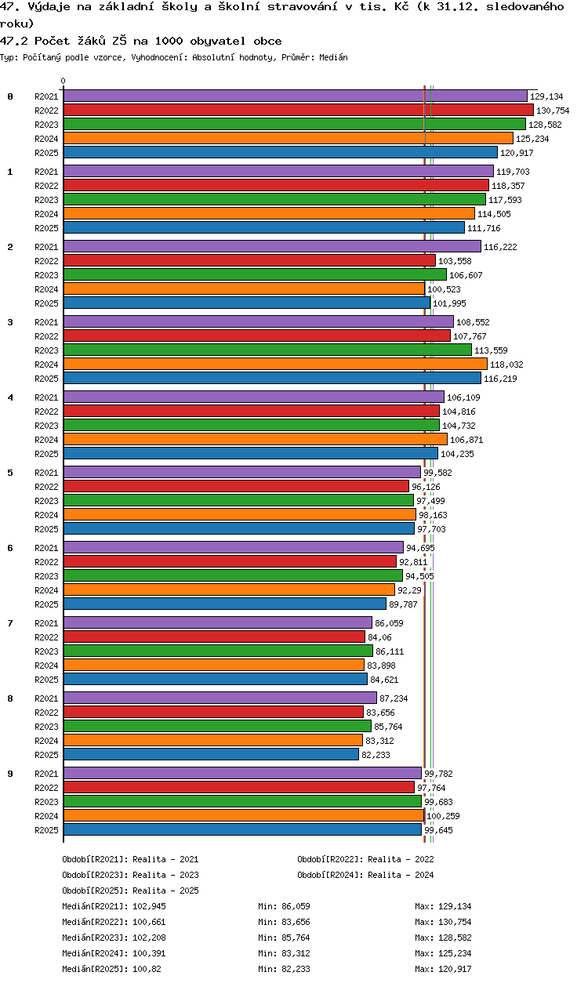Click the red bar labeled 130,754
299,111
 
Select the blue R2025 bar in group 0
281,152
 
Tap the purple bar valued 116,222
272,247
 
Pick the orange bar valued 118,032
275,365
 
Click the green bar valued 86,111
218,651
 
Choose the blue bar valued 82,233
211,755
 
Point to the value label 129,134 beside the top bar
546,96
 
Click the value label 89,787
403,604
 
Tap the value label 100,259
443,816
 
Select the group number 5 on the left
10,473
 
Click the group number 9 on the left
10,774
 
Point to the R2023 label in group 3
46,350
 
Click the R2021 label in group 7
46,623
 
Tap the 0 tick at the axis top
64,81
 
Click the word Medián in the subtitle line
333,57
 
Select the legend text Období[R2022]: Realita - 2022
365,859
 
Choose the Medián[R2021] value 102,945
149,906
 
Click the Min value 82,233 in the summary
296,969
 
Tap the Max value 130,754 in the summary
455,922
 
